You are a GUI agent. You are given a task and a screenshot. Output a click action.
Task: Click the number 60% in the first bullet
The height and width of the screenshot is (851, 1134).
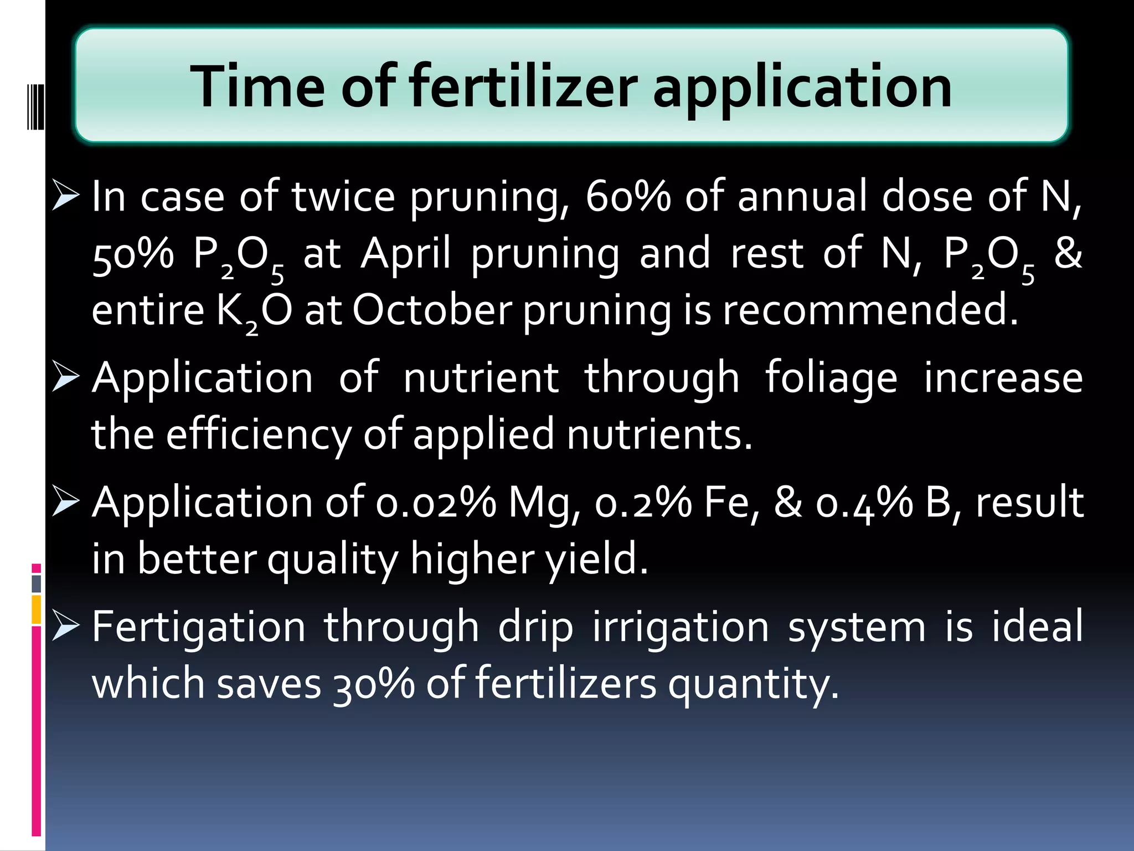tap(628, 197)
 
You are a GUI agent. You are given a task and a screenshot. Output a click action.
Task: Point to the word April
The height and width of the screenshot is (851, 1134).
tap(406, 254)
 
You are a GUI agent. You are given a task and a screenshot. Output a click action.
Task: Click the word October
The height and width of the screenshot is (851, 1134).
tap(432, 310)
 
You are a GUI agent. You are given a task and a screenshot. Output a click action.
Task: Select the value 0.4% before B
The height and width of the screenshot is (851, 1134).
tap(864, 503)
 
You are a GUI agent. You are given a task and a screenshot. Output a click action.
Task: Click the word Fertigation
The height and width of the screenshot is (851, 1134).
tap(199, 628)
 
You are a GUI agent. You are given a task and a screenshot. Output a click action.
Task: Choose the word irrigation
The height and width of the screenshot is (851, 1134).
tap(681, 628)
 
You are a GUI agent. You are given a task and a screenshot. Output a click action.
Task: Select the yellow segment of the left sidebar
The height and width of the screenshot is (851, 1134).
tap(37, 609)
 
